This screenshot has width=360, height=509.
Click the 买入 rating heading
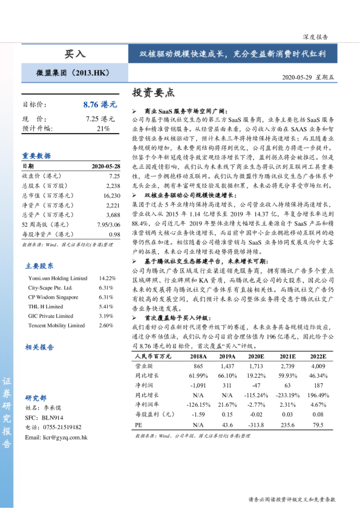pos(75,54)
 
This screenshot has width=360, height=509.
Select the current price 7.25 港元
pos(100,119)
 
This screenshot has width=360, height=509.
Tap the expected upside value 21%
pos(103,129)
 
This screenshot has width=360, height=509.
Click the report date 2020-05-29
pos(300,78)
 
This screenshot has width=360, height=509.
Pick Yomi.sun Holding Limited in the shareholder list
pos(57,278)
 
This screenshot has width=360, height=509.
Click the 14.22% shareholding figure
pos(106,278)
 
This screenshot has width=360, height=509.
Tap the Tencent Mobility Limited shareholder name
pos(56,325)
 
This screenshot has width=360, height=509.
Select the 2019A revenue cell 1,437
pos(227,366)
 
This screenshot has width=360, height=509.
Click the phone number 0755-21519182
pos(61,427)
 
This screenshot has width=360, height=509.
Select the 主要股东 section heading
pos(39,265)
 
